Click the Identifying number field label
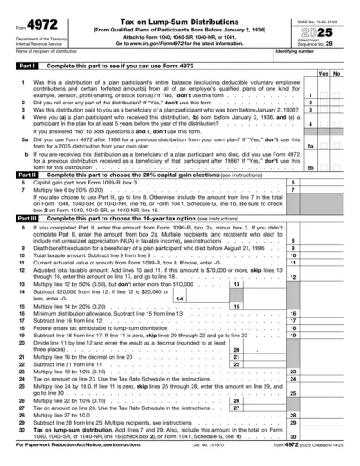pyautogui.click(x=293, y=52)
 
